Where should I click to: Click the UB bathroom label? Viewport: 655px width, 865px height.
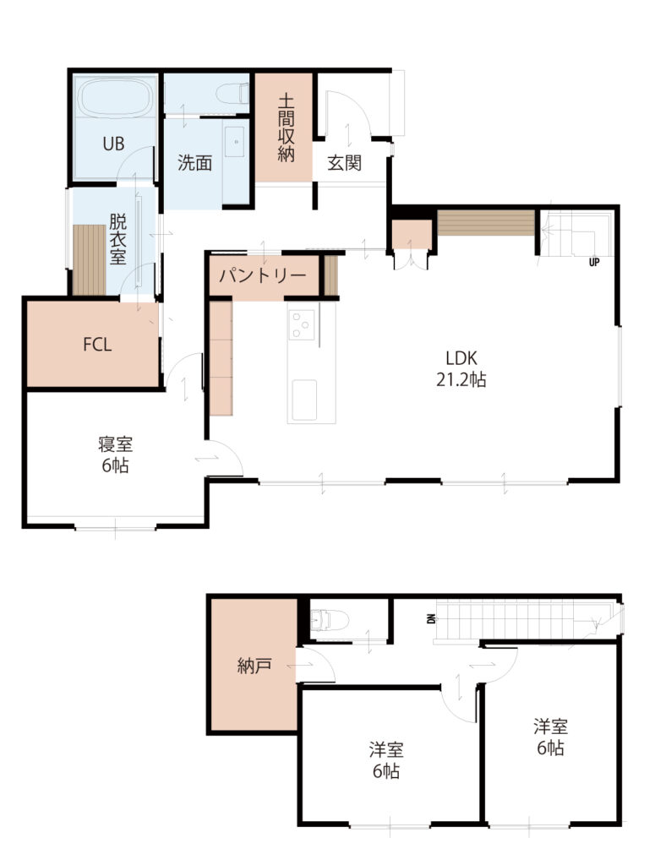coord(113,144)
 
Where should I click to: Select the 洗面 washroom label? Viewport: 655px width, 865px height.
coord(194,163)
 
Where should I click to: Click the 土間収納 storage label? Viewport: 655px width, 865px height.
coord(286,128)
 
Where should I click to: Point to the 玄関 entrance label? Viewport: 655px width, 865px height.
coord(344,163)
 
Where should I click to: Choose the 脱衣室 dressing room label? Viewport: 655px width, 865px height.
coord(117,239)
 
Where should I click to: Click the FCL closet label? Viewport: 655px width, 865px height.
coord(97,345)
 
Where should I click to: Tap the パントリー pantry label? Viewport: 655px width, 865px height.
coord(263,275)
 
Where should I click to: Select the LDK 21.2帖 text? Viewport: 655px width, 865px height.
coord(461,369)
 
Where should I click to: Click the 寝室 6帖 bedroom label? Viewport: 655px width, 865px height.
coord(115,454)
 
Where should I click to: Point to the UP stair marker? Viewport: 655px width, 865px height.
coord(594,263)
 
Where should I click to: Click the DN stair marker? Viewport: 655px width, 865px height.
coord(430,619)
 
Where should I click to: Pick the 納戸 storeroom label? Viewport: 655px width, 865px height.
coord(254,666)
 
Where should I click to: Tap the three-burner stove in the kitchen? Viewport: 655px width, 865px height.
coord(303,324)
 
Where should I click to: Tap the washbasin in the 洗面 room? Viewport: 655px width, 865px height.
coord(236,141)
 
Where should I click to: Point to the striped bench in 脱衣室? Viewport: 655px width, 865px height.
coord(90,259)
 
